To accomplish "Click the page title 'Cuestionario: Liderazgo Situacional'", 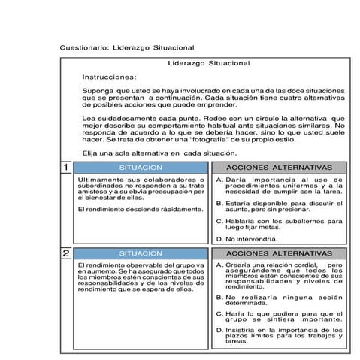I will [127, 47].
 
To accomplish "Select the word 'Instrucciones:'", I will [109, 77].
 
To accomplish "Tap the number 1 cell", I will [66, 167].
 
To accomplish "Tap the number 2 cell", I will [66, 253].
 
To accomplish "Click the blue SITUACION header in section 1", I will [141, 167].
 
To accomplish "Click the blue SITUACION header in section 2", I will [141, 253].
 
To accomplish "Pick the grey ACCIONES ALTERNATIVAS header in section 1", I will [278, 167].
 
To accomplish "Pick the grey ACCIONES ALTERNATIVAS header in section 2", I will [278, 253].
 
